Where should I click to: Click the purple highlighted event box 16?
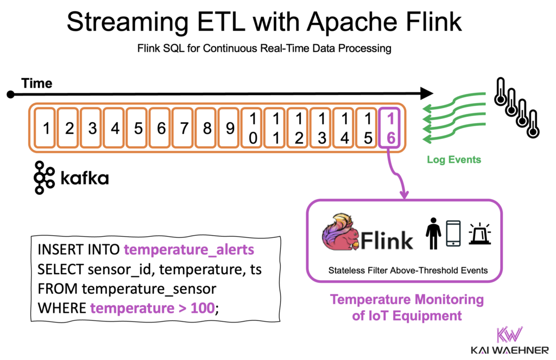[390, 129]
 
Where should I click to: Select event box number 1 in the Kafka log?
[46, 129]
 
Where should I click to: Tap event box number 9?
[230, 129]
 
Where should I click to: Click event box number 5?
[138, 129]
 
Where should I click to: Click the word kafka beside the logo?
[84, 178]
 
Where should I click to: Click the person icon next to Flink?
[433, 234]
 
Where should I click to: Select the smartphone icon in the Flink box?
[454, 234]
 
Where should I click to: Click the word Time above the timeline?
[37, 83]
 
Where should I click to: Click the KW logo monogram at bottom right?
[509, 334]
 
